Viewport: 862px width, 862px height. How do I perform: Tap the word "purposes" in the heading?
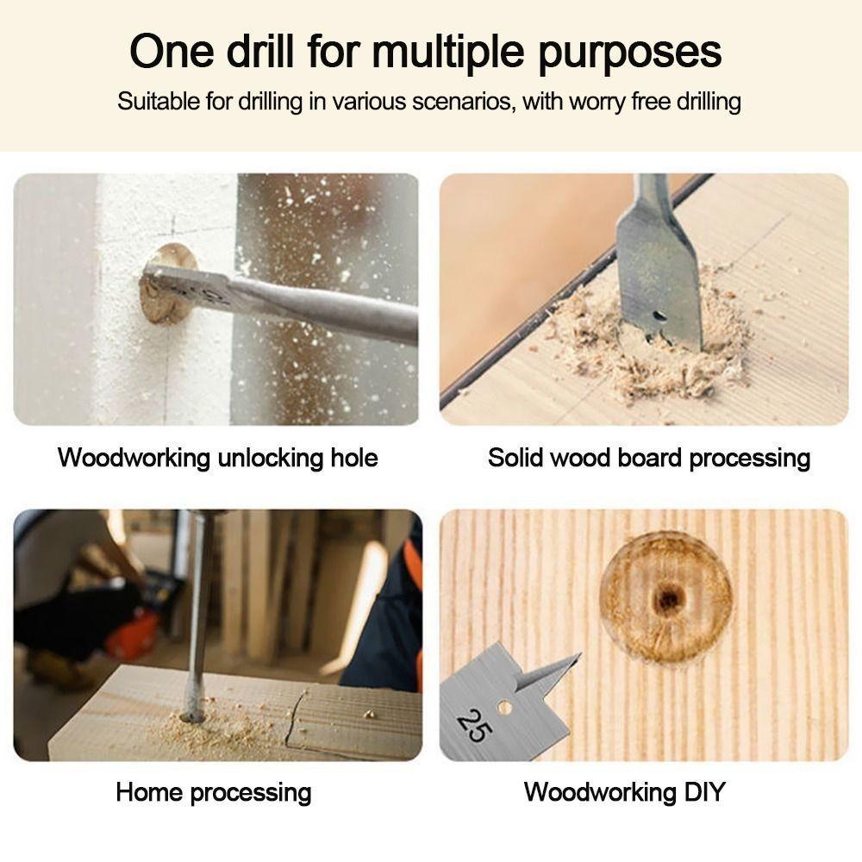point(630,53)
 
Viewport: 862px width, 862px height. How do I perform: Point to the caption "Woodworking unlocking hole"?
point(217,457)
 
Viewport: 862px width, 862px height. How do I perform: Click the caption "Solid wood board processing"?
point(648,457)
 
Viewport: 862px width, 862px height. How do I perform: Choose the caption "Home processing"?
point(213,791)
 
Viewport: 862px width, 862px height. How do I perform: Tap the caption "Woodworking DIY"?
point(624,791)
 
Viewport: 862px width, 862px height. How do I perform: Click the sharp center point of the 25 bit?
point(569,661)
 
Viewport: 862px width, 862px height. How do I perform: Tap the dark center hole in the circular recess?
point(665,599)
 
